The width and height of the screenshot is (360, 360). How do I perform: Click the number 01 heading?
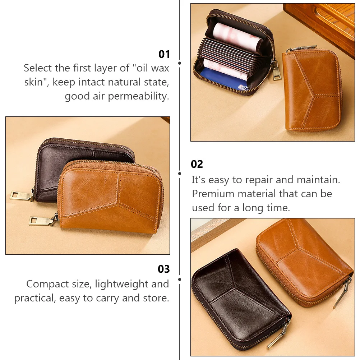point(164,54)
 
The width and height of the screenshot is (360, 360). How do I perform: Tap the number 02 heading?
point(197,164)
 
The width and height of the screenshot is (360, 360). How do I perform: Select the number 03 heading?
point(163,269)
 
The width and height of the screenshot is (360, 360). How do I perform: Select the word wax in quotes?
point(156,68)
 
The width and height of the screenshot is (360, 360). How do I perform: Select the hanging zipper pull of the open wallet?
point(276,70)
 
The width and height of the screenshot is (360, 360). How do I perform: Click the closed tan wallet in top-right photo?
point(311,90)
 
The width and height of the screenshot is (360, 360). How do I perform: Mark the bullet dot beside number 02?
point(180,174)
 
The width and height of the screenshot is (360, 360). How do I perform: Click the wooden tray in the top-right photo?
point(323,22)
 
